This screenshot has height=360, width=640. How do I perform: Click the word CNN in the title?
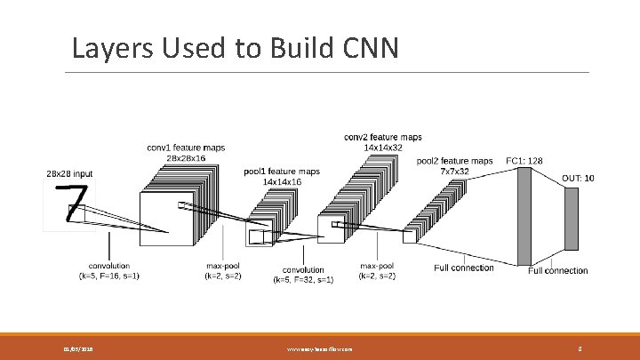pos(366,47)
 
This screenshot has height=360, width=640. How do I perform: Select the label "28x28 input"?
pos(69,174)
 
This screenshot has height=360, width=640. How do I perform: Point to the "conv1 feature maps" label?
pos(186,147)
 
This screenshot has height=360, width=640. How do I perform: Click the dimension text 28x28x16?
pos(186,157)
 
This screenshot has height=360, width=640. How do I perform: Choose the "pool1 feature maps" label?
pos(281,171)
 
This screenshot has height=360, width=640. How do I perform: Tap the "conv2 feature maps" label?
pos(383,137)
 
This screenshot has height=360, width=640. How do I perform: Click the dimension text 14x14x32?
pos(383,148)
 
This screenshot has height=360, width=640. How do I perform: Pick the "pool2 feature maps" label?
pos(455,161)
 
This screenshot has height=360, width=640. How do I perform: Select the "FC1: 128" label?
pos(525,161)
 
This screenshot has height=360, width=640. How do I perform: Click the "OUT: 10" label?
pos(578,179)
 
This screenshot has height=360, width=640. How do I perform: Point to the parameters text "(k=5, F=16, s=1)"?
pos(109,276)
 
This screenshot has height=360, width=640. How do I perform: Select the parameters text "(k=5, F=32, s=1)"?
pos(303,280)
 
